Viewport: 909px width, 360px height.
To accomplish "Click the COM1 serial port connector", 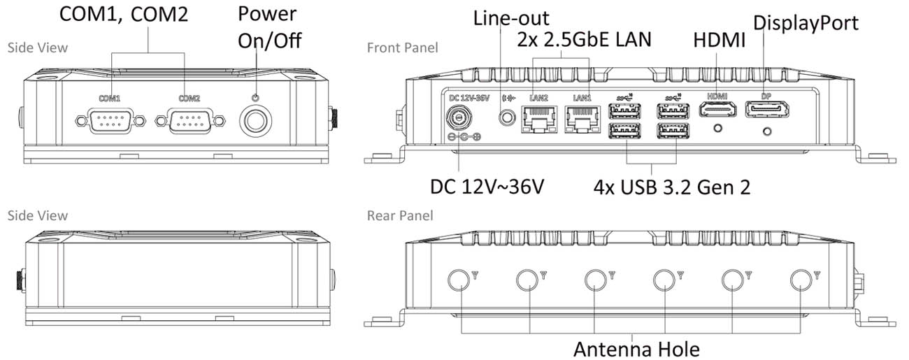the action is click(x=110, y=120).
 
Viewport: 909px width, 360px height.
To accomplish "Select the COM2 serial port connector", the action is click(x=190, y=120).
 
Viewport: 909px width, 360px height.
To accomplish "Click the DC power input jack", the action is click(x=459, y=117).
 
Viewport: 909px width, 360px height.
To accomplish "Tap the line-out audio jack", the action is click(x=506, y=117).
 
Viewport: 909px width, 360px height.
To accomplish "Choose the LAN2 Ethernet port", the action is click(x=539, y=120).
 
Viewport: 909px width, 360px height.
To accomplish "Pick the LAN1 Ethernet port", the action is click(x=582, y=120).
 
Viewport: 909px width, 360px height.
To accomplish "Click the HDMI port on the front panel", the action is click(x=717, y=109).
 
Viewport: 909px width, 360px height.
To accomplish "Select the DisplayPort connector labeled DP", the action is click(x=766, y=109).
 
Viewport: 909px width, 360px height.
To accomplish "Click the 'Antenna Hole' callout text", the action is click(x=636, y=349).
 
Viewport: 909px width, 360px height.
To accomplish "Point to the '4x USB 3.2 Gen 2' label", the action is click(x=671, y=187).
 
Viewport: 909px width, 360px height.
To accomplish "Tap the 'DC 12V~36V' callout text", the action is click(x=487, y=187).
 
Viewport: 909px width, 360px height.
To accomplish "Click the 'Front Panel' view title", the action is click(x=402, y=48).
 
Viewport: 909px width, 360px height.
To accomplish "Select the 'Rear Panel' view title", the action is click(x=400, y=215).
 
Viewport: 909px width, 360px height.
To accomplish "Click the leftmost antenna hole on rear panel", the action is click(x=459, y=280).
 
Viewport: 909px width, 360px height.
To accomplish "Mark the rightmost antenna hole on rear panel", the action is click(x=801, y=280).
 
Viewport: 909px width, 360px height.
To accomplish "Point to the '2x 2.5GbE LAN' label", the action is click(x=584, y=39).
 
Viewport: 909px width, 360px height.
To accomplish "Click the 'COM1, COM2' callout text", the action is click(x=124, y=15).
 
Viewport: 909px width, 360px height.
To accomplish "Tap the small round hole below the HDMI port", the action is click(x=717, y=128).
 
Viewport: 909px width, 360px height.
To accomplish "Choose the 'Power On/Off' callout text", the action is click(x=269, y=27).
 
